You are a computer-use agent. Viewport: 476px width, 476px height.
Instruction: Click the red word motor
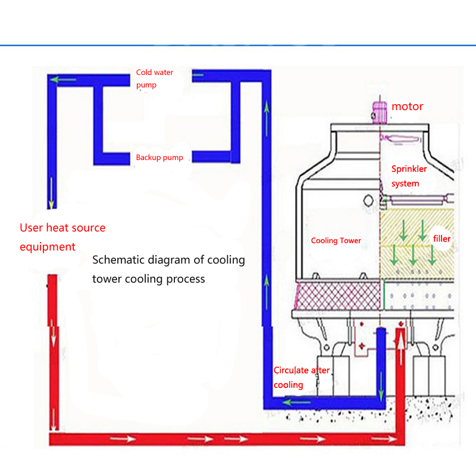click(x=408, y=107)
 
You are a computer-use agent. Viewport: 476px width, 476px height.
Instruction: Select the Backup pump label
click(x=159, y=158)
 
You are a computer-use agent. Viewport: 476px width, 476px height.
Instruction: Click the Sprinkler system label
click(x=409, y=176)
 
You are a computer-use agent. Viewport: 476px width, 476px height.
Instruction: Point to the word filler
click(x=442, y=239)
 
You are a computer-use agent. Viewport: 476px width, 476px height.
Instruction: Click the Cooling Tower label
click(x=336, y=240)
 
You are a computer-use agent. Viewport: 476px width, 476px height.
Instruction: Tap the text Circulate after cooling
click(x=301, y=377)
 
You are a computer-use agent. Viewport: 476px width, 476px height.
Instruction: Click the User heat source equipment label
click(x=62, y=237)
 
